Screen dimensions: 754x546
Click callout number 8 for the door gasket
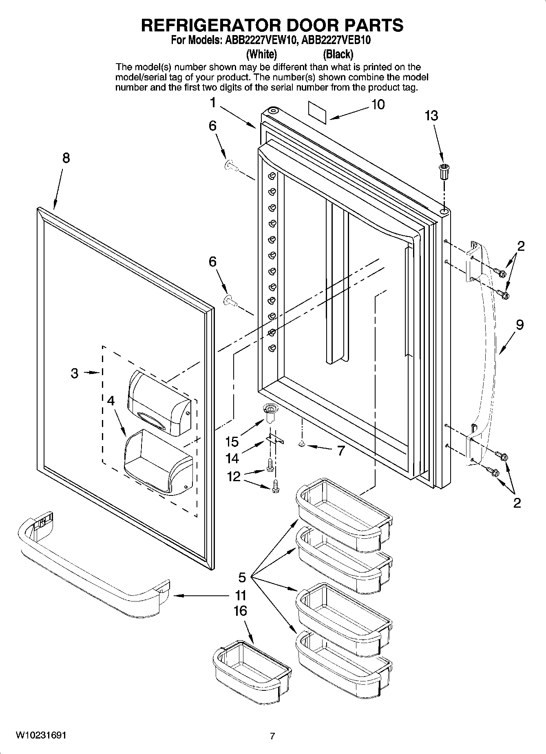(x=66, y=158)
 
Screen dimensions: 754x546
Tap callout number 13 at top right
(x=431, y=116)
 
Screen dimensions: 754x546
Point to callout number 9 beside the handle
(x=519, y=325)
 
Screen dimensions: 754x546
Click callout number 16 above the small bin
(x=240, y=610)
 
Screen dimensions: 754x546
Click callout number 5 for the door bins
(x=242, y=577)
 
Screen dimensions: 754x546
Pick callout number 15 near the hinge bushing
(x=232, y=441)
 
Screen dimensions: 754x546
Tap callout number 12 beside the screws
(x=234, y=476)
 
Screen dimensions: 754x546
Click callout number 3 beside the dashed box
(x=74, y=373)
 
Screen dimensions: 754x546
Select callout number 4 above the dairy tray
(x=111, y=400)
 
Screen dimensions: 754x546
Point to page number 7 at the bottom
(x=272, y=736)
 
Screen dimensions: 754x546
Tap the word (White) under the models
(x=262, y=54)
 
